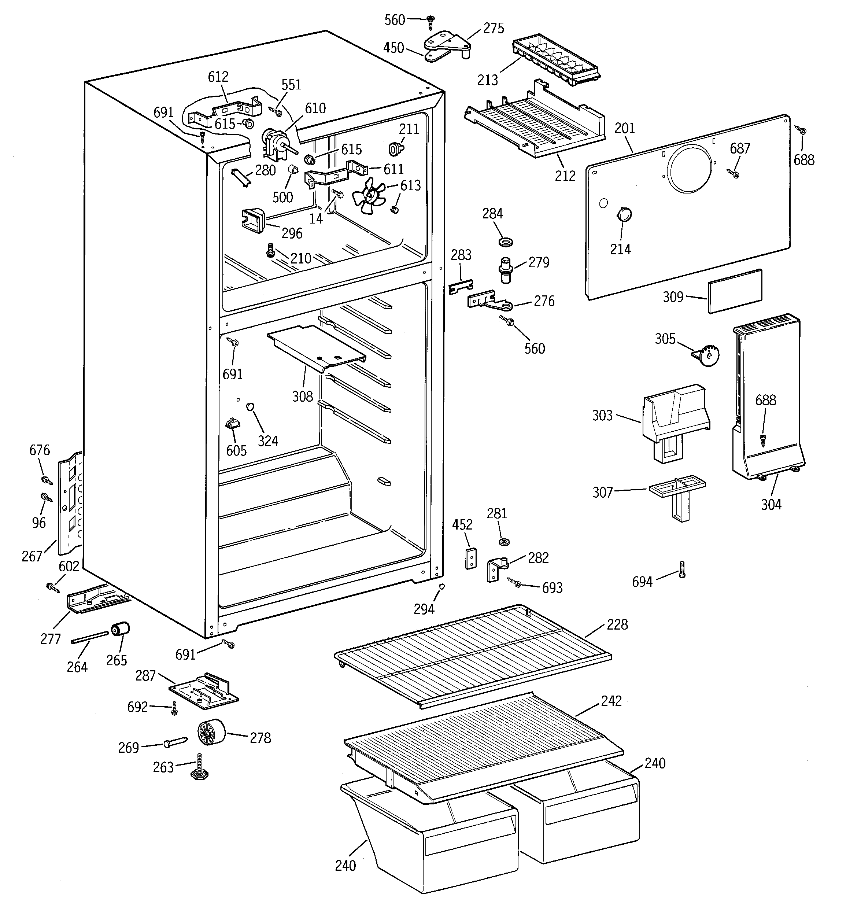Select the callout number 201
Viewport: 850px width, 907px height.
pos(625,128)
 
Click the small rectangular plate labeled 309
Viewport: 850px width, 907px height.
pos(735,291)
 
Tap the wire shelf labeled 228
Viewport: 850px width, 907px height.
pos(472,655)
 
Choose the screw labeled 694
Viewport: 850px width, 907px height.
pos(682,569)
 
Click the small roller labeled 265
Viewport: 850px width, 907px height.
pos(121,629)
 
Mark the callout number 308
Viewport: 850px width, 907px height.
pos(303,396)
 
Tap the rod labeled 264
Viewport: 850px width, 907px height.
pos(90,637)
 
